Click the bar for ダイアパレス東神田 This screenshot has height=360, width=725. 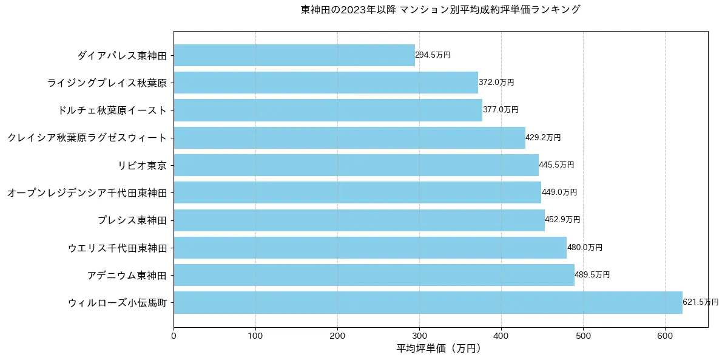294,55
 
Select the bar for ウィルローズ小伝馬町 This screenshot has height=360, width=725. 428,302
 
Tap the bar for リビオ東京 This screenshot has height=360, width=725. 356,165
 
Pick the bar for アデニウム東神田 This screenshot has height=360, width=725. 374,275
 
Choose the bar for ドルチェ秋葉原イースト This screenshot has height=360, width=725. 328,110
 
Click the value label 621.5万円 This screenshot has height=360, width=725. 700,302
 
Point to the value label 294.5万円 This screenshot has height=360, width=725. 433,55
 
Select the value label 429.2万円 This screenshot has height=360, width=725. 543,138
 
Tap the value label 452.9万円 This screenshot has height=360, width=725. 562,220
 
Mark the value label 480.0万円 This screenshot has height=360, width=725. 585,248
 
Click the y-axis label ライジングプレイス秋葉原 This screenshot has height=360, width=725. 107,83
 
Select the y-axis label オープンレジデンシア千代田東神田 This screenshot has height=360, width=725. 87,192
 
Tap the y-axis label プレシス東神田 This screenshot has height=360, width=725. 132,220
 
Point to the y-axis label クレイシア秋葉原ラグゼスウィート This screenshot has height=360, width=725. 87,138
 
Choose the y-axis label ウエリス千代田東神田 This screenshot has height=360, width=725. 117,248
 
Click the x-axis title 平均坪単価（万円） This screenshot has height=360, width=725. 440,348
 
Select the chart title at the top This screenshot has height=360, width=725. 440,10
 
